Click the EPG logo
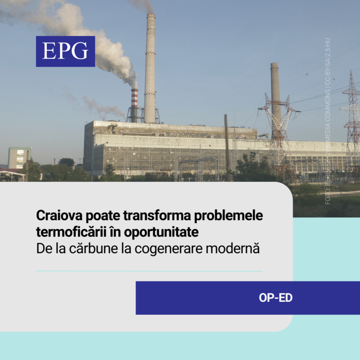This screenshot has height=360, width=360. point(65,51)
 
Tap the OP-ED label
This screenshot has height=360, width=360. point(275,298)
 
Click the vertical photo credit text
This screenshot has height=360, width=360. point(328,122)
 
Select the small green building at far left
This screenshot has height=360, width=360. point(19,158)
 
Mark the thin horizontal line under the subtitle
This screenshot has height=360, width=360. point(149,271)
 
